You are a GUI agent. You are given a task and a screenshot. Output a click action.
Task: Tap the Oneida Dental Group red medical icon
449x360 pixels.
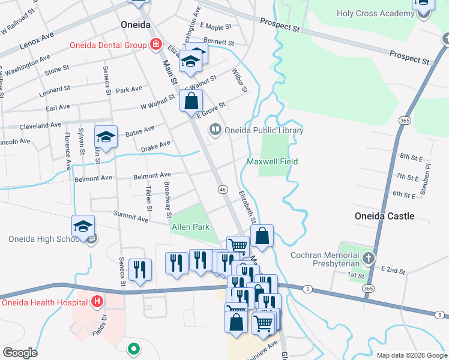coord(156,44)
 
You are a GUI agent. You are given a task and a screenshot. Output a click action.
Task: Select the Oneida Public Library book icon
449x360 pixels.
coord(214,130)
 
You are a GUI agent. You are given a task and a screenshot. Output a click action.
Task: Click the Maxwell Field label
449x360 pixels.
coord(272,161)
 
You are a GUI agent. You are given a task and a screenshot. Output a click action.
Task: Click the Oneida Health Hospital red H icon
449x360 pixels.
coord(96,302)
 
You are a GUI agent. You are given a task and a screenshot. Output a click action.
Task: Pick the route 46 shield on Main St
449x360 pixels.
coord(222,190)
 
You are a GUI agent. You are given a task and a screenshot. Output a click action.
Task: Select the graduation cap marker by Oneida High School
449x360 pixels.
coord(83,226)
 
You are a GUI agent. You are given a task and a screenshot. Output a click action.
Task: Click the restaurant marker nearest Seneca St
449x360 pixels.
coord(140,269)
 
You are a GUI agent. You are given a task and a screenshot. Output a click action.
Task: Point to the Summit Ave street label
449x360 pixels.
coord(136,220)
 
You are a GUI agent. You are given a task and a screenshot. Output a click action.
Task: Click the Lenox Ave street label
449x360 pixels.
coord(37,40)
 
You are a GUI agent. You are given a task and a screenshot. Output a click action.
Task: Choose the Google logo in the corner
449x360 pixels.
coord(20,352)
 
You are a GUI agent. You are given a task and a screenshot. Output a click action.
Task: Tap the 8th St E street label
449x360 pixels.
coord(412,157)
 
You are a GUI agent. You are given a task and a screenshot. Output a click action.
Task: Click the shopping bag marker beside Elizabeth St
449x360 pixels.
coord(262,236)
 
